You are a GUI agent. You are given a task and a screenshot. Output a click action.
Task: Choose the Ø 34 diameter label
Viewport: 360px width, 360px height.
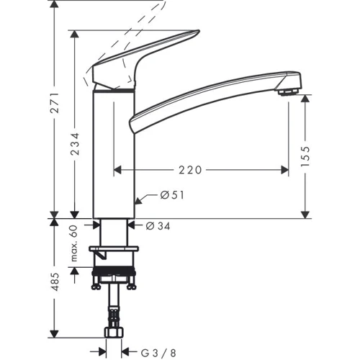click(x=158, y=225)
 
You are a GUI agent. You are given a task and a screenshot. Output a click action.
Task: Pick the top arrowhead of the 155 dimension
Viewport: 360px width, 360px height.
click(x=306, y=102)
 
